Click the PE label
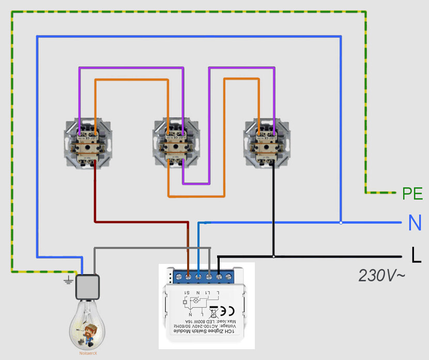[412, 194]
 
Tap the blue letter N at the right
[415, 223]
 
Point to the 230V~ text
[382, 275]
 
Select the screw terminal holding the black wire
[219, 276]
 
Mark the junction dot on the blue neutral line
[341, 223]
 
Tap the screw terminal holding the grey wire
[208, 276]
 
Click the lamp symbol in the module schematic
[196, 300]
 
